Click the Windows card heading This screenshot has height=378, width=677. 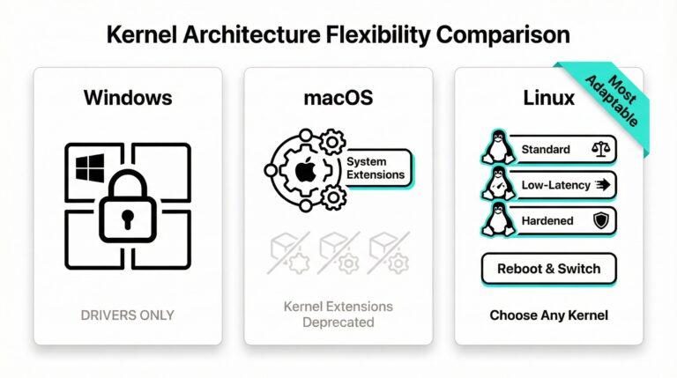click(128, 98)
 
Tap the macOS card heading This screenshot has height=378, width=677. click(338, 98)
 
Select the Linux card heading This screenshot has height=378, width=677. click(549, 98)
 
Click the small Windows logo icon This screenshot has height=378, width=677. click(90, 167)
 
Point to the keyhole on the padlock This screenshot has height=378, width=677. click(127, 219)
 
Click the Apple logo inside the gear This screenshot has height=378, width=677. click(305, 170)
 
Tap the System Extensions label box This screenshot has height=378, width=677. click(377, 168)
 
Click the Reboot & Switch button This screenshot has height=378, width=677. click(549, 269)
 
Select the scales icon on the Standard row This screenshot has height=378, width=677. click(601, 149)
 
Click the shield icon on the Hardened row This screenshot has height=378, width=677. click(601, 220)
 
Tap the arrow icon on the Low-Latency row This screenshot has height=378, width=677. click(603, 185)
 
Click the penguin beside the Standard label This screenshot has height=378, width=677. click(499, 147)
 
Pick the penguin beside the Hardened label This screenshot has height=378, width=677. click(499, 219)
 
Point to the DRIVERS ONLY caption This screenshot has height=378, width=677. click(127, 315)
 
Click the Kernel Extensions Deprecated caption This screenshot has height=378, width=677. click(338, 315)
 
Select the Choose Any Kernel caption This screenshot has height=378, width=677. click(549, 315)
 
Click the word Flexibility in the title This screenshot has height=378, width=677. click(378, 35)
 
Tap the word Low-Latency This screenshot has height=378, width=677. click(555, 185)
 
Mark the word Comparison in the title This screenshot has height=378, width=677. click(503, 35)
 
